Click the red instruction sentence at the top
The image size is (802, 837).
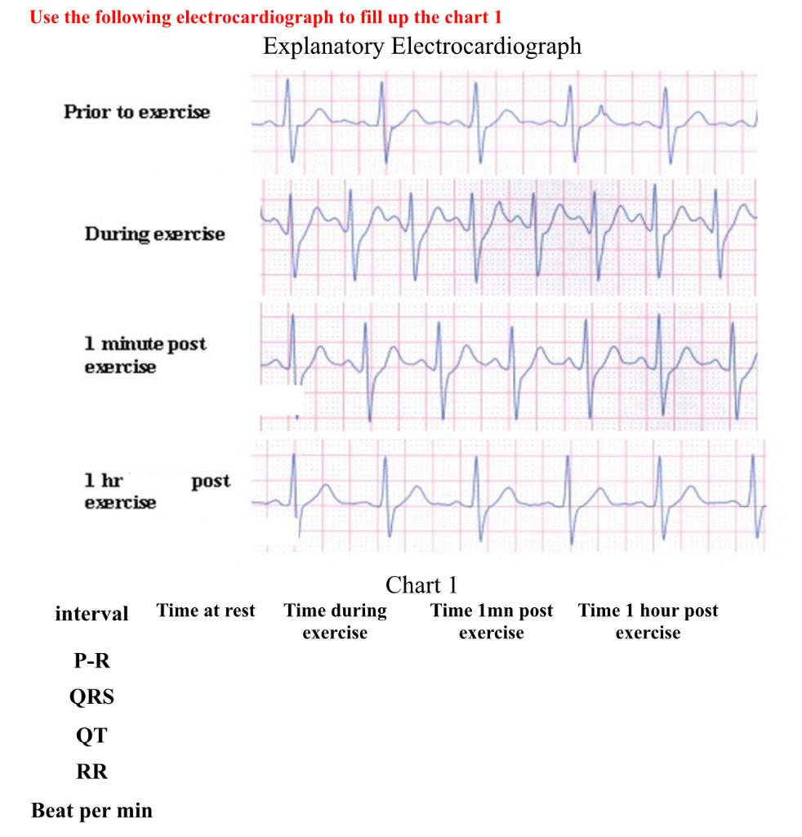coord(265,17)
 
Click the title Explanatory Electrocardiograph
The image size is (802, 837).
coord(422,46)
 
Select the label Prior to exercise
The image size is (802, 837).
coord(137,112)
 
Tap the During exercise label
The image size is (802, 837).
coord(154,235)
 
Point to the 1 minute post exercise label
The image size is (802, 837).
coord(145,355)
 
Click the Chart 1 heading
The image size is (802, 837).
coord(421,584)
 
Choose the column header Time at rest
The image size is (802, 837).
coord(206,611)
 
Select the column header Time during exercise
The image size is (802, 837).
coord(335,621)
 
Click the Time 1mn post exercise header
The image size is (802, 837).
coord(492,621)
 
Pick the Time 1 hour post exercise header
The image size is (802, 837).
coord(648,621)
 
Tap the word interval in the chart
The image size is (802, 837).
coord(91,614)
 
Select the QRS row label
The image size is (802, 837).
coord(91,697)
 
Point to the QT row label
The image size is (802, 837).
coord(91,736)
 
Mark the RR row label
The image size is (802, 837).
coord(91,773)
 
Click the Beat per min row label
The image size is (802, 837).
coord(91,812)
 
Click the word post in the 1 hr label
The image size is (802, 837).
coord(211,481)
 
